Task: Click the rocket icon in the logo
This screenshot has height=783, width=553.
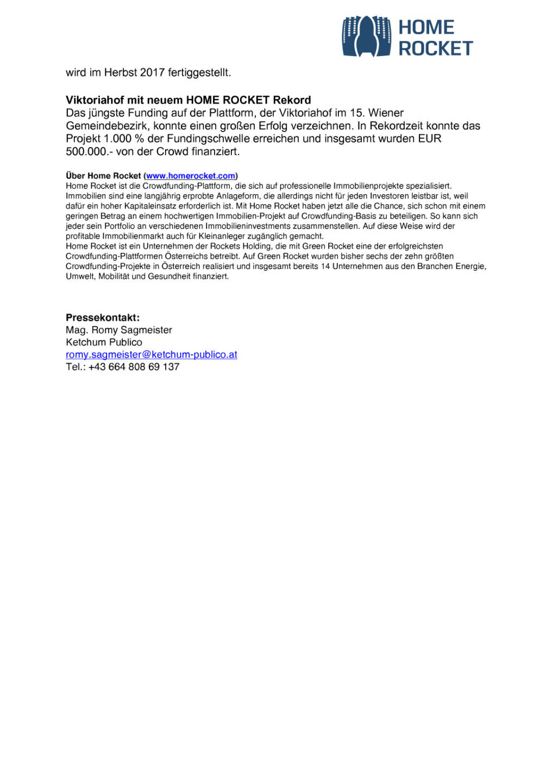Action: point(366,36)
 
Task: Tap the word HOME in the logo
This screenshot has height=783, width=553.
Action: point(426,27)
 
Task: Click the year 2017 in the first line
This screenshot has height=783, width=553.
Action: point(152,72)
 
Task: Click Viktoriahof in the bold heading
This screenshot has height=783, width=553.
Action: point(95,100)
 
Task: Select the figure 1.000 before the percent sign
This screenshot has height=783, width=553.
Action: point(117,139)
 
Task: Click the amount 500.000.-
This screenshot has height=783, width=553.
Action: point(89,152)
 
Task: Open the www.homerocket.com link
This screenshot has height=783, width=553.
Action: point(191,176)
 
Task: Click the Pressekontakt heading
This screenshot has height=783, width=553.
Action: point(103,318)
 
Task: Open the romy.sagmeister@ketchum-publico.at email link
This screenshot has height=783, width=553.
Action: point(152,355)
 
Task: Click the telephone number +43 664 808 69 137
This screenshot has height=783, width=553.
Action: point(134,367)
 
